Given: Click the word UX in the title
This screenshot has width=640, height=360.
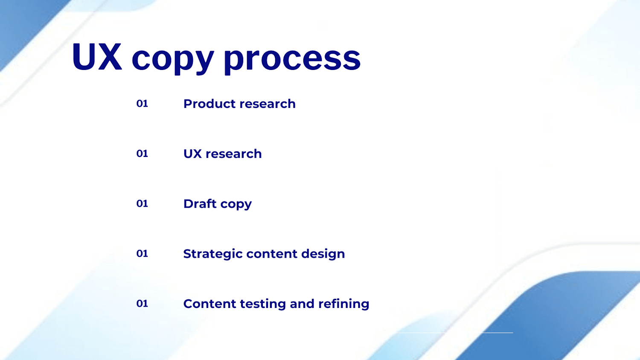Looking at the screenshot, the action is tap(97, 56).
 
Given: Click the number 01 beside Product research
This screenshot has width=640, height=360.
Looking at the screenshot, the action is tap(142, 103).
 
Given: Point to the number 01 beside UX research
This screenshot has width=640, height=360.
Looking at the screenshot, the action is tap(142, 154).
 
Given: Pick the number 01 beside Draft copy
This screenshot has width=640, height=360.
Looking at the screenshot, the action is tap(142, 203).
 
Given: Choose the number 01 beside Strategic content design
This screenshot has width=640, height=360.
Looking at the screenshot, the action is tap(142, 253).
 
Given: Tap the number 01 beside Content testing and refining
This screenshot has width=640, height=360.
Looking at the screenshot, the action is tap(142, 303).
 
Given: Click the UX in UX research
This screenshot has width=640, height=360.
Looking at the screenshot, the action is tap(192, 154).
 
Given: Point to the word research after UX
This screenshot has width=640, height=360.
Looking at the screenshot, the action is tap(234, 154).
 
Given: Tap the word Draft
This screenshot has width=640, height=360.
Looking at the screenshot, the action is tap(200, 204).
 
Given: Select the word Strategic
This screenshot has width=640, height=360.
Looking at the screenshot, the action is tap(213, 254).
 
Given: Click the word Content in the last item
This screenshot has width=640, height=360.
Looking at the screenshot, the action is tap(209, 304).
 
